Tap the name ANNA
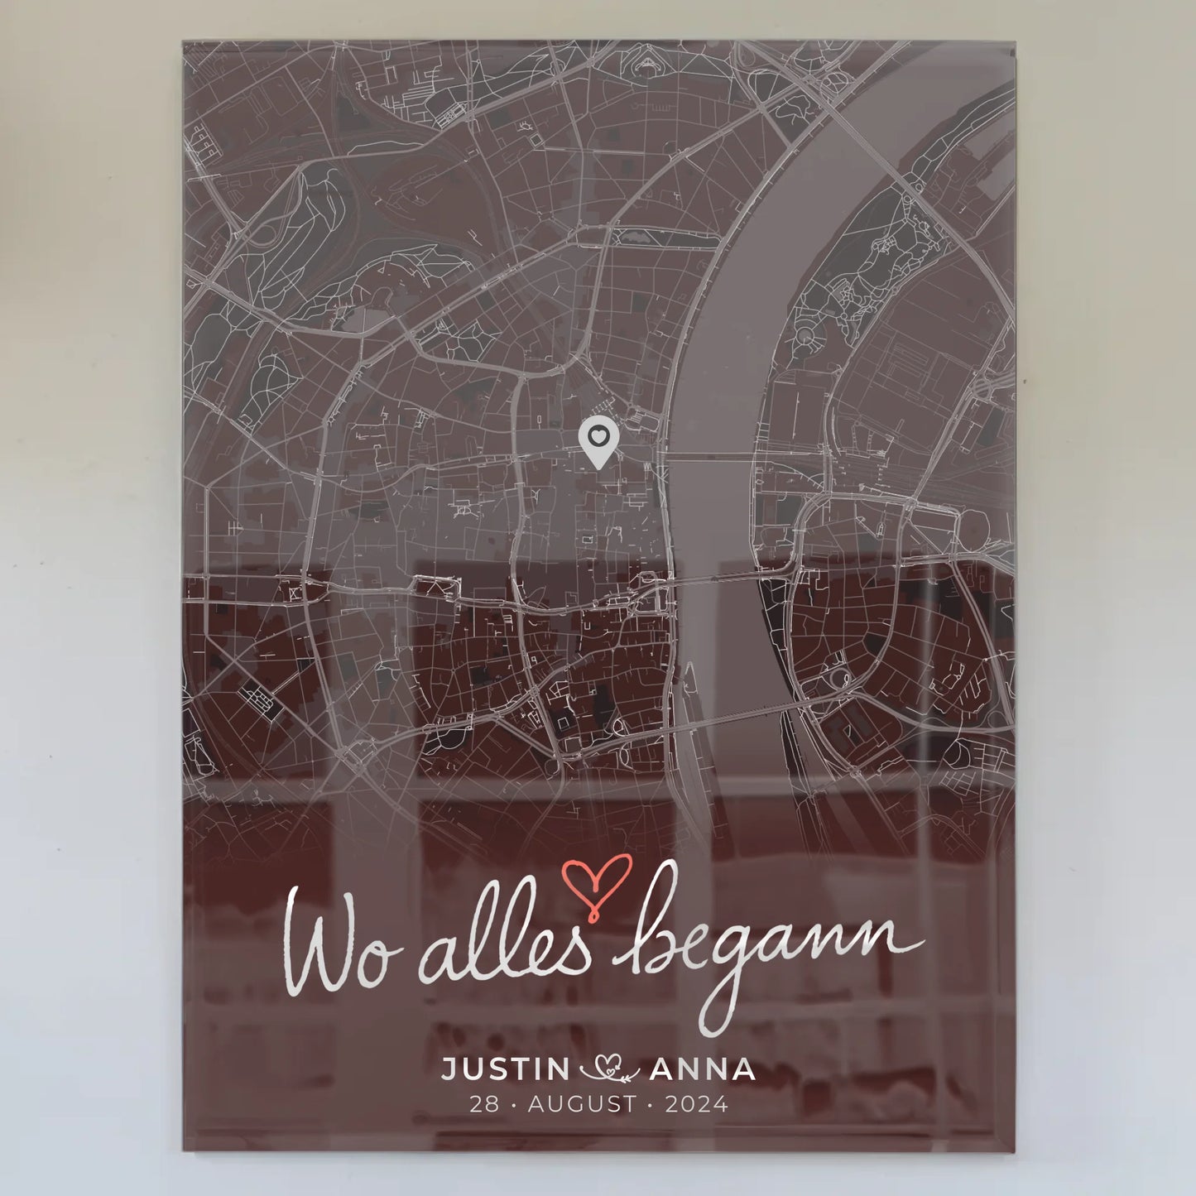[x=703, y=1070]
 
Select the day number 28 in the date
[x=484, y=1104]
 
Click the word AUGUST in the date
[x=583, y=1104]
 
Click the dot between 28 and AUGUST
[x=513, y=1105]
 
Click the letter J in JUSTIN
[x=447, y=1070]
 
